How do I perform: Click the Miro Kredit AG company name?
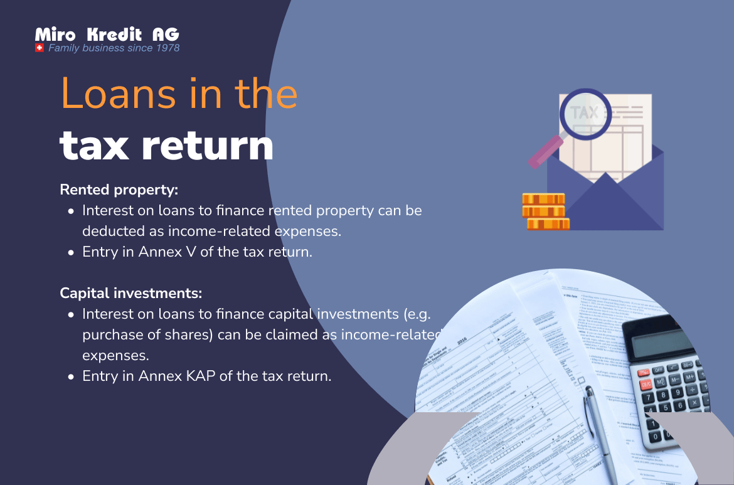point(107,35)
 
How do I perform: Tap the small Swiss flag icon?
point(40,48)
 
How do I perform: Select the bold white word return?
point(208,146)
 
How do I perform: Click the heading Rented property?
point(119,189)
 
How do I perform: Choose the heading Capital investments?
point(131,293)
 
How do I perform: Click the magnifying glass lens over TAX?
point(584,114)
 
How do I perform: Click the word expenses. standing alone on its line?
point(115,356)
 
